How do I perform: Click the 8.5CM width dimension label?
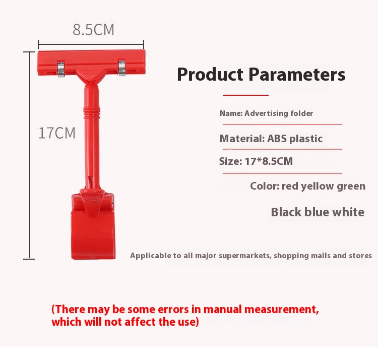pyautogui.click(x=94, y=30)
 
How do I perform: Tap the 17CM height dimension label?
pyautogui.click(x=57, y=133)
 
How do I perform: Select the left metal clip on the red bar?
pyautogui.click(x=61, y=69)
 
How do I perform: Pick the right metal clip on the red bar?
pyautogui.click(x=122, y=68)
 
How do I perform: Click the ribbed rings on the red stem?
pyautogui.click(x=92, y=112)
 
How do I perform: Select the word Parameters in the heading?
pyautogui.click(x=297, y=74)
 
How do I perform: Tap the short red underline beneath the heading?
pyautogui.click(x=245, y=95)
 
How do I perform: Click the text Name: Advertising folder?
pyautogui.click(x=267, y=113)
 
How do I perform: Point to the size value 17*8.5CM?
pyautogui.click(x=269, y=161)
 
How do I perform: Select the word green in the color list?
pyautogui.click(x=351, y=187)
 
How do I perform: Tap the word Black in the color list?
pyautogui.click(x=286, y=212)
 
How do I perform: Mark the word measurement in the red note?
pyautogui.click(x=282, y=310)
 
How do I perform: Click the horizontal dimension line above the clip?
pyautogui.click(x=91, y=44)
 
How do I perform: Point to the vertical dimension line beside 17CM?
pyautogui.click(x=30, y=155)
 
